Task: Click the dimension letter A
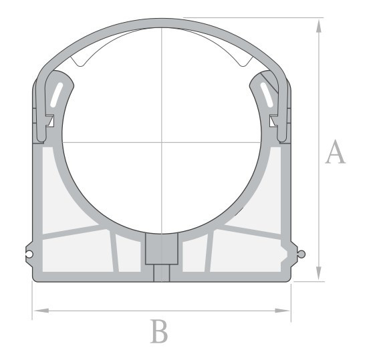point(336,152)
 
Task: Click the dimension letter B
point(159,331)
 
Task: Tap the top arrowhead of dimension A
point(318,26)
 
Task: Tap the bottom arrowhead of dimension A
point(318,273)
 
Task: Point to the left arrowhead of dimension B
point(41,311)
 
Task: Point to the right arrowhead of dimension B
point(283,311)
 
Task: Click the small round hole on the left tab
point(29,254)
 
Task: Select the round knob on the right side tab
point(301,254)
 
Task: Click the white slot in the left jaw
point(56,95)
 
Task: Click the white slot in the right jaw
point(267,95)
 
